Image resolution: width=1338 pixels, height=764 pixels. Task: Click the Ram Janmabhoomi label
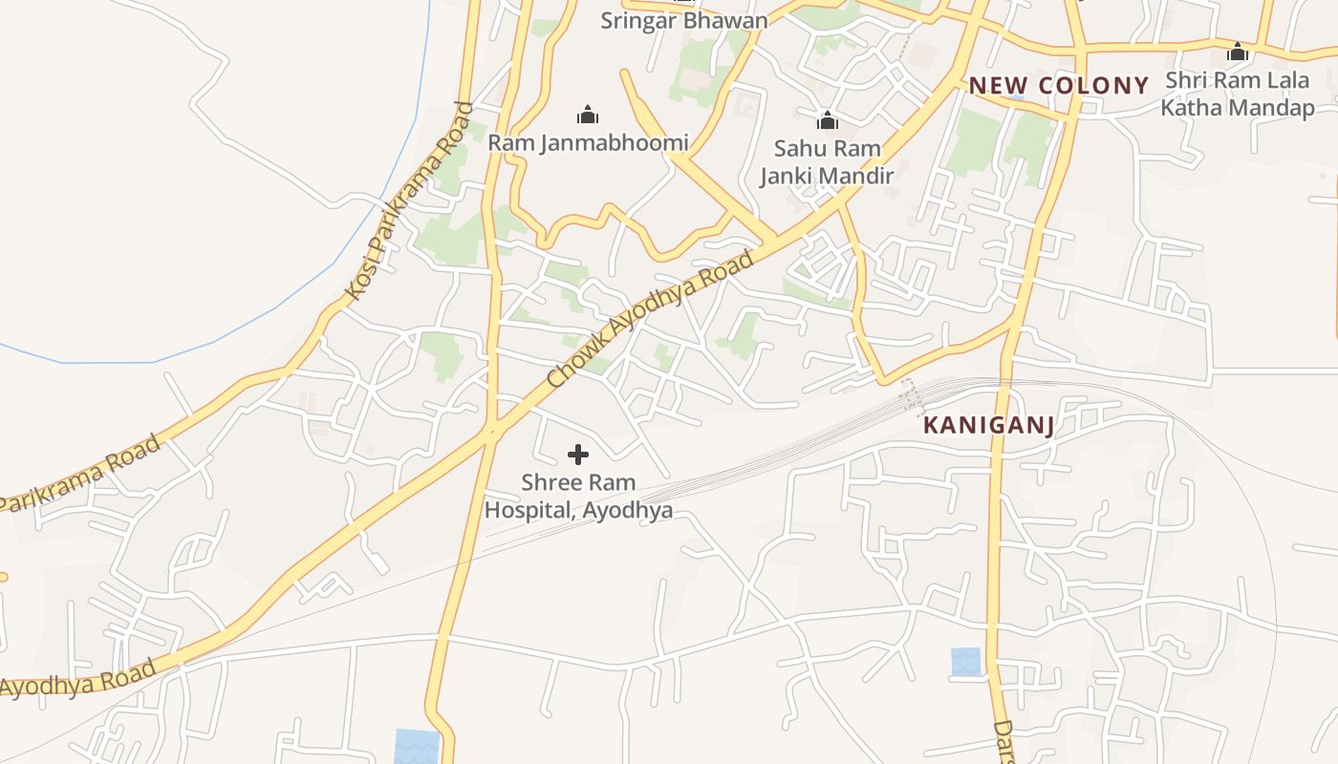(x=588, y=143)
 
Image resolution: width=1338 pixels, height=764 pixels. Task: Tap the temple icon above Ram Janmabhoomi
(x=588, y=116)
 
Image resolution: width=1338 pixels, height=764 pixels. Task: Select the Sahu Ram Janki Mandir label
(x=827, y=162)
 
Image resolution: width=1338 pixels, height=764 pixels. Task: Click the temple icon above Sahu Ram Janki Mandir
(x=828, y=120)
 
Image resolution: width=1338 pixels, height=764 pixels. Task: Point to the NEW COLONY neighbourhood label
(x=1058, y=85)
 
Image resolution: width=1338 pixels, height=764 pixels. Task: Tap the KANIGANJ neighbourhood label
(x=989, y=426)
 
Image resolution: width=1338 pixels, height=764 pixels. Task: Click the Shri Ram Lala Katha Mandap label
(x=1238, y=94)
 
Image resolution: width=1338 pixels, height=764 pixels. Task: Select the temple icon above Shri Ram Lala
(x=1238, y=52)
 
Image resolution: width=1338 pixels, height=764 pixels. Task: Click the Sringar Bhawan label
(x=683, y=20)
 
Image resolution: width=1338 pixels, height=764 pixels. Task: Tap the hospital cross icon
(x=578, y=455)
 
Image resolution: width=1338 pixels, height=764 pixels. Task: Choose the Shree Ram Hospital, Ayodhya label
(x=578, y=497)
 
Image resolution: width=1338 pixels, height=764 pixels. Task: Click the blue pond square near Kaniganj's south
(x=965, y=662)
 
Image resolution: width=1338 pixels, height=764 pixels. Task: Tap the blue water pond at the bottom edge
(x=418, y=747)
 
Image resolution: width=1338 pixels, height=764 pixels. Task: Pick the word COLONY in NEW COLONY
(x=1094, y=85)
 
